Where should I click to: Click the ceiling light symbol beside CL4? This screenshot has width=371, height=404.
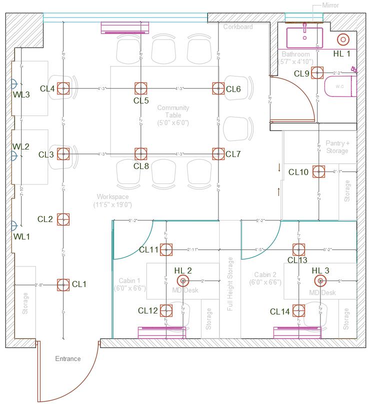pyautogui.click(x=63, y=88)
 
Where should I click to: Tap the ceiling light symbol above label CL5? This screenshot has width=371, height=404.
pyautogui.click(x=141, y=88)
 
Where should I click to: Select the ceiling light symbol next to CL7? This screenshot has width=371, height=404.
pyautogui.click(x=218, y=153)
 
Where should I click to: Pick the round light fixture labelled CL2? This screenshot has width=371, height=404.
pyautogui.click(x=63, y=219)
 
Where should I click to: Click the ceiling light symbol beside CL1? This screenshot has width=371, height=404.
pyautogui.click(x=63, y=284)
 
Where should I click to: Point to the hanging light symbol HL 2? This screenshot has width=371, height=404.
pyautogui.click(x=182, y=281)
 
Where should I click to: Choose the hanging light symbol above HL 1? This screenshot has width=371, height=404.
pyautogui.click(x=343, y=39)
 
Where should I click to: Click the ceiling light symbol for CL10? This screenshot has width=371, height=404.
pyautogui.click(x=318, y=171)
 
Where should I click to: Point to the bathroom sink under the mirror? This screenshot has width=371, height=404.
pyautogui.click(x=304, y=36)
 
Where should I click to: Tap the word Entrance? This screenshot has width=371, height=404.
pyautogui.click(x=67, y=358)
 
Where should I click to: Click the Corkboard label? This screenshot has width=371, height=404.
pyautogui.click(x=237, y=26)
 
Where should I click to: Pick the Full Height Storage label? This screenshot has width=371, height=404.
pyautogui.click(x=230, y=284)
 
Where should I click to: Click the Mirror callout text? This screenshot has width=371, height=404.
pyautogui.click(x=330, y=5)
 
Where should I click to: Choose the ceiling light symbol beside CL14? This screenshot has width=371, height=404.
pyautogui.click(x=299, y=311)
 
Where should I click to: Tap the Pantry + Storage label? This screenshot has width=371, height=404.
pyautogui.click(x=337, y=147)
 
